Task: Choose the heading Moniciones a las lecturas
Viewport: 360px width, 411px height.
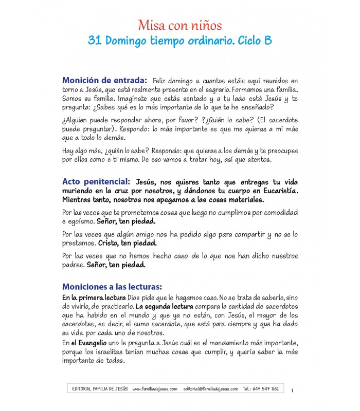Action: [112, 286]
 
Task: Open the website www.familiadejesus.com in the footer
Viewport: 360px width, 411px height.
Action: [155, 389]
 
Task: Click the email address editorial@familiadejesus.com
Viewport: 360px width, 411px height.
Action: [210, 389]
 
